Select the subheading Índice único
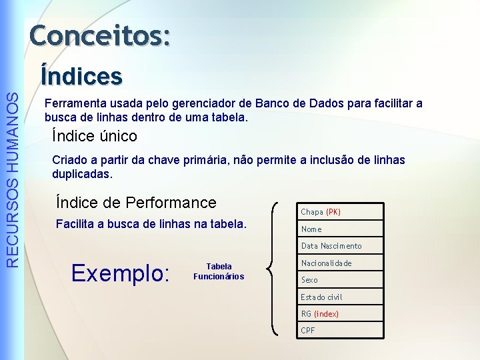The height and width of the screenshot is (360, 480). (x=95, y=137)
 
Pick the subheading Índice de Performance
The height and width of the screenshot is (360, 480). (x=137, y=202)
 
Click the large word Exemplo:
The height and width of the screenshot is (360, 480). (x=121, y=272)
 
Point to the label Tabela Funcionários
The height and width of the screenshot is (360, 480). (x=219, y=271)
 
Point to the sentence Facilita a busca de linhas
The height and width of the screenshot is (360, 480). (x=151, y=223)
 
